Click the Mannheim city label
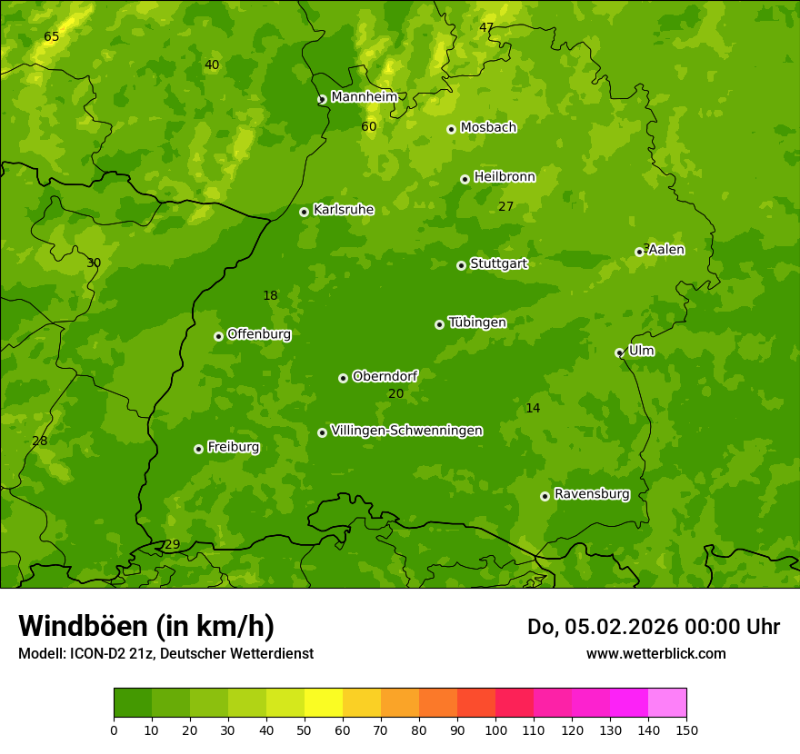pos(364,97)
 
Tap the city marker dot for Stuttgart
pos(461,265)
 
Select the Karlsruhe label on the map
pos(343,210)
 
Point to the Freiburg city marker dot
pos(198,449)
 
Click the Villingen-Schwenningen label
pos(406,431)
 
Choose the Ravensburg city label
pos(591,494)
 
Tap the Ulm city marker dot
pos(619,352)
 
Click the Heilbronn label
pos(505,177)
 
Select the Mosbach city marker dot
pos(451,129)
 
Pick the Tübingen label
pos(476,322)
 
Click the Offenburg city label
pos(259,334)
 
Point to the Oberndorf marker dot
pos(343,378)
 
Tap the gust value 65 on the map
pos(52,37)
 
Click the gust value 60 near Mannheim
pos(368,127)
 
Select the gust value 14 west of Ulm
pos(533,409)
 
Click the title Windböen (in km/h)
pos(146,626)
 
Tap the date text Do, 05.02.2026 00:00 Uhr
pos(653,627)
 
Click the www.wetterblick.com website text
pos(655,654)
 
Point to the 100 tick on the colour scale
pos(495,729)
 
